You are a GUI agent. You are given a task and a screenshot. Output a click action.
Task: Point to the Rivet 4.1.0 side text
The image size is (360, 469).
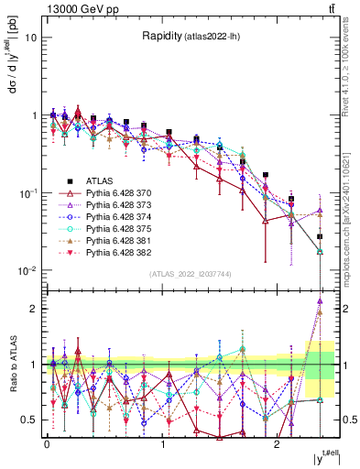[x=349, y=64]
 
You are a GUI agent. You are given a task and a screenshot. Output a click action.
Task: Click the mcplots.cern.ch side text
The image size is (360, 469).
[x=349, y=211]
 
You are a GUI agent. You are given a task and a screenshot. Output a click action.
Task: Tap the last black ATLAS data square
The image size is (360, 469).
[x=320, y=236]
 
